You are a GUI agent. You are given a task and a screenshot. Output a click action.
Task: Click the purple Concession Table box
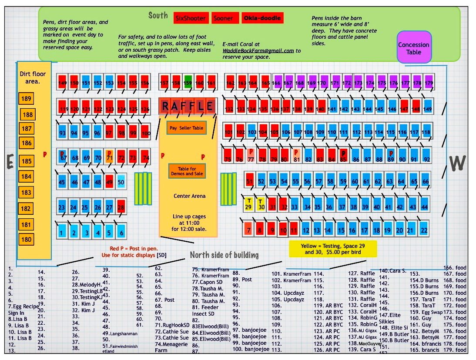pos(414,48)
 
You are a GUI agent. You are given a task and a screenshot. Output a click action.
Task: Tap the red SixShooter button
pos(190,18)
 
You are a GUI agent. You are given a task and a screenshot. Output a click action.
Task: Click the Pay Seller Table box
pos(186,128)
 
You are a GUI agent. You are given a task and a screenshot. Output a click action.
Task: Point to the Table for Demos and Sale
pos(186,171)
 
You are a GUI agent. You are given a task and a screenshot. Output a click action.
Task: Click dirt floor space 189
pos(27,99)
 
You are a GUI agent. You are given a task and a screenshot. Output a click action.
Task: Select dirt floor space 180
pos(27,239)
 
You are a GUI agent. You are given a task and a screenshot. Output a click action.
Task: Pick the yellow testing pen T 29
pos(248,203)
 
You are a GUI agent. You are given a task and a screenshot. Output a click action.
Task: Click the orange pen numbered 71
pos(109,157)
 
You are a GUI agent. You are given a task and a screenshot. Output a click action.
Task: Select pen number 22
pos(424,229)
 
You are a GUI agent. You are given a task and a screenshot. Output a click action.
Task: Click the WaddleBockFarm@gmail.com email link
pos(258,50)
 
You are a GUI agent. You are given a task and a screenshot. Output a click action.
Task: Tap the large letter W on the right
pos(457,163)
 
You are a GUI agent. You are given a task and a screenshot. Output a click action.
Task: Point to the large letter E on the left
pos(9,162)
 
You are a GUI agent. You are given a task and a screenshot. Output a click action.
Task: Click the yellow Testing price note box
pos(332,249)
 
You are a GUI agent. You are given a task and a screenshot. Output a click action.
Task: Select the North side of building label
pos(224,255)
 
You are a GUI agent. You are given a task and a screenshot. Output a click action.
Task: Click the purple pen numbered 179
pos(429,82)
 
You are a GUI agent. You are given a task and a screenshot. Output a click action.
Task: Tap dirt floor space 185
pos(27,161)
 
